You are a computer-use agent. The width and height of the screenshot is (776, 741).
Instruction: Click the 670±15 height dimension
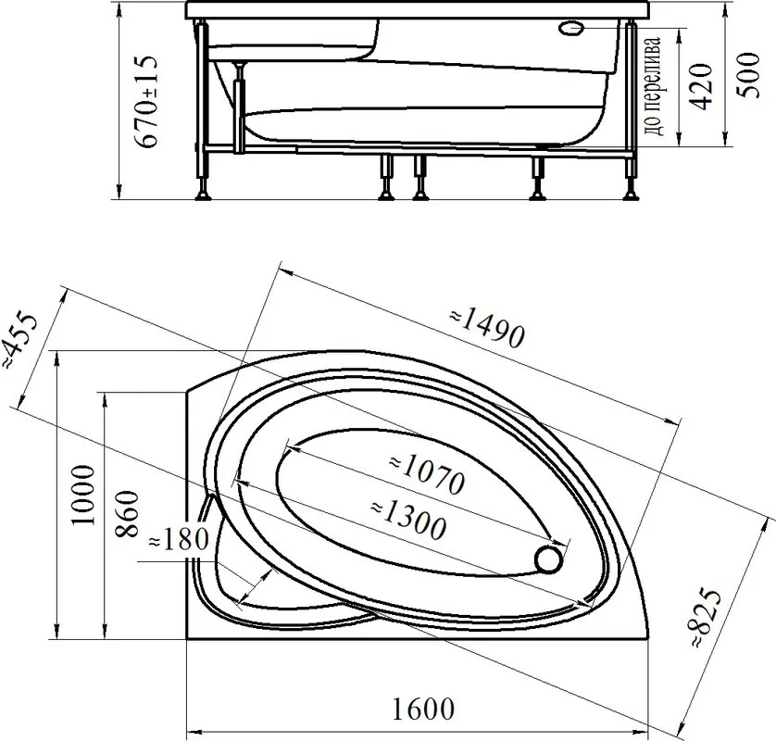pyautogui.click(x=148, y=101)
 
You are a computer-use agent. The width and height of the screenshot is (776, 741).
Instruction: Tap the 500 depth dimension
pyautogui.click(x=748, y=75)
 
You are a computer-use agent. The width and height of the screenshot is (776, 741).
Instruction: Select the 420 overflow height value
pyautogui.click(x=701, y=86)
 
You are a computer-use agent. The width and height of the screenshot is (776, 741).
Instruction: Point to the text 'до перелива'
pyautogui.click(x=653, y=86)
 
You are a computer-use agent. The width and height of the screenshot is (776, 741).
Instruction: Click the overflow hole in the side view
pyautogui.click(x=571, y=28)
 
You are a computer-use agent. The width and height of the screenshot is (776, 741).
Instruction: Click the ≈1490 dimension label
pyautogui.click(x=487, y=328)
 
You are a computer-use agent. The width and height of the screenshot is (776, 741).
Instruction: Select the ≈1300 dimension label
pyautogui.click(x=408, y=520)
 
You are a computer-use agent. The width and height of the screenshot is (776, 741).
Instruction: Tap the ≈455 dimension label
pyautogui.click(x=19, y=341)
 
